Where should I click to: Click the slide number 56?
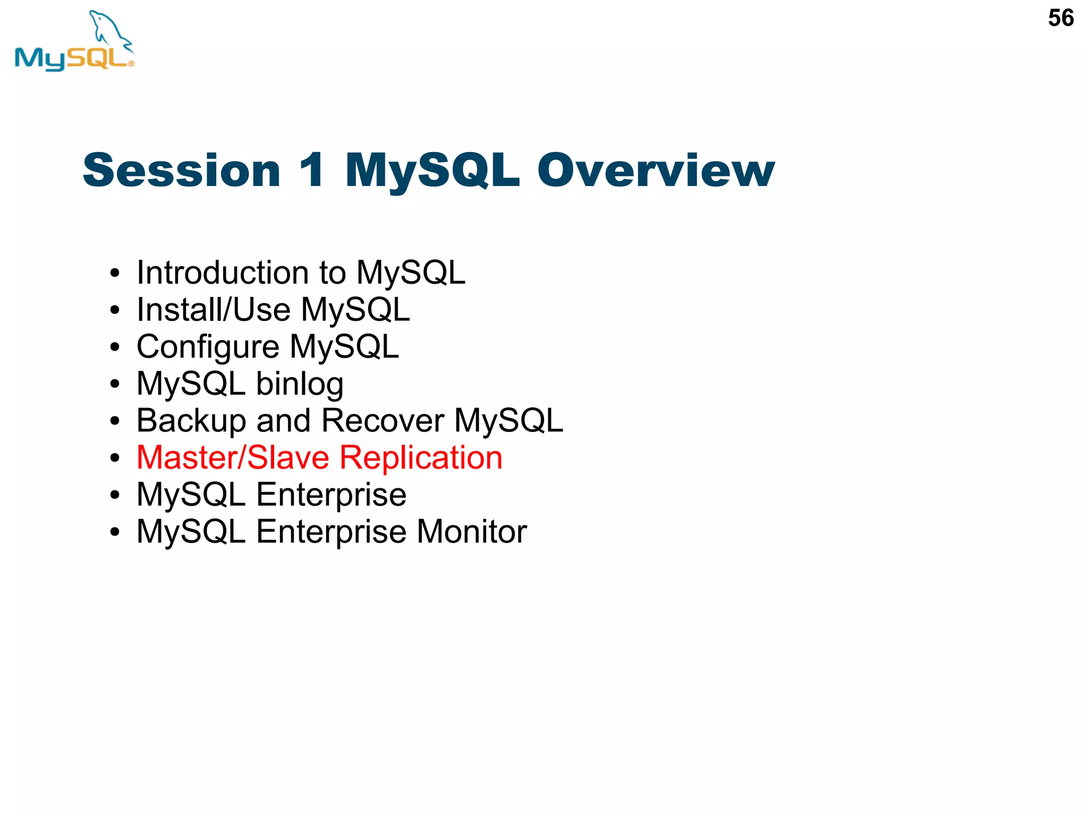pyautogui.click(x=1060, y=19)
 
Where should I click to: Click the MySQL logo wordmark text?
pyautogui.click(x=72, y=58)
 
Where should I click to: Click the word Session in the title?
pyautogui.click(x=181, y=171)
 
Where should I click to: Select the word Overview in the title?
pyautogui.click(x=656, y=171)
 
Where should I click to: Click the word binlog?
pyautogui.click(x=300, y=384)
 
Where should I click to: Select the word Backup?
pyautogui.click(x=191, y=421)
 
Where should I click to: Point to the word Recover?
pyautogui.click(x=382, y=421)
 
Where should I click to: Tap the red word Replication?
pyautogui.click(x=421, y=457)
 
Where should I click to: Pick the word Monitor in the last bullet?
pyautogui.click(x=472, y=531)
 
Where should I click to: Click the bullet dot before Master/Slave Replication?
pyautogui.click(x=115, y=458)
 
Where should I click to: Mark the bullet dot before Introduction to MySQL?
pyautogui.click(x=115, y=274)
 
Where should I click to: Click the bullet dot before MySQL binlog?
pyautogui.click(x=115, y=385)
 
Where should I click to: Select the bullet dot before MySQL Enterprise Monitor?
pyautogui.click(x=115, y=532)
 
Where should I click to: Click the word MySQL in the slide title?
pyautogui.click(x=432, y=171)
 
